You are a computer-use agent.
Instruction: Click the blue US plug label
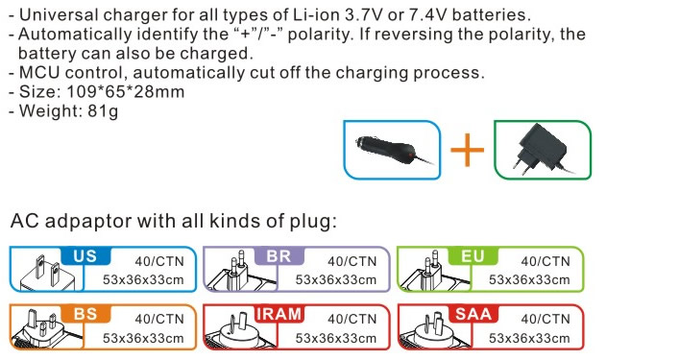[85, 255]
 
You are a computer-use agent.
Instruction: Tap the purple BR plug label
[279, 255]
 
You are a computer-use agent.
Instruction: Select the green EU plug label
[473, 255]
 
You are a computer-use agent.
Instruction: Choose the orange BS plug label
[85, 313]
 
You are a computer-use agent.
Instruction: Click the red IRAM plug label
[279, 313]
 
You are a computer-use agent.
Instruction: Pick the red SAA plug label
[473, 313]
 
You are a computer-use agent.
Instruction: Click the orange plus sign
[468, 150]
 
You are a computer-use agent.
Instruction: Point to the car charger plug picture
[392, 150]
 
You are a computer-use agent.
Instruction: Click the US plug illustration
[46, 272]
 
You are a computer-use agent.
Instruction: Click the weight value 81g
[103, 111]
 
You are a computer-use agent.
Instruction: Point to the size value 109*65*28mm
[126, 92]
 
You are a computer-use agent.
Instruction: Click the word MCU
[39, 73]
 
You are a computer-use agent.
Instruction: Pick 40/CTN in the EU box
[546, 261]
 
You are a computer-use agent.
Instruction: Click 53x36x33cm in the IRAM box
[336, 338]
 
